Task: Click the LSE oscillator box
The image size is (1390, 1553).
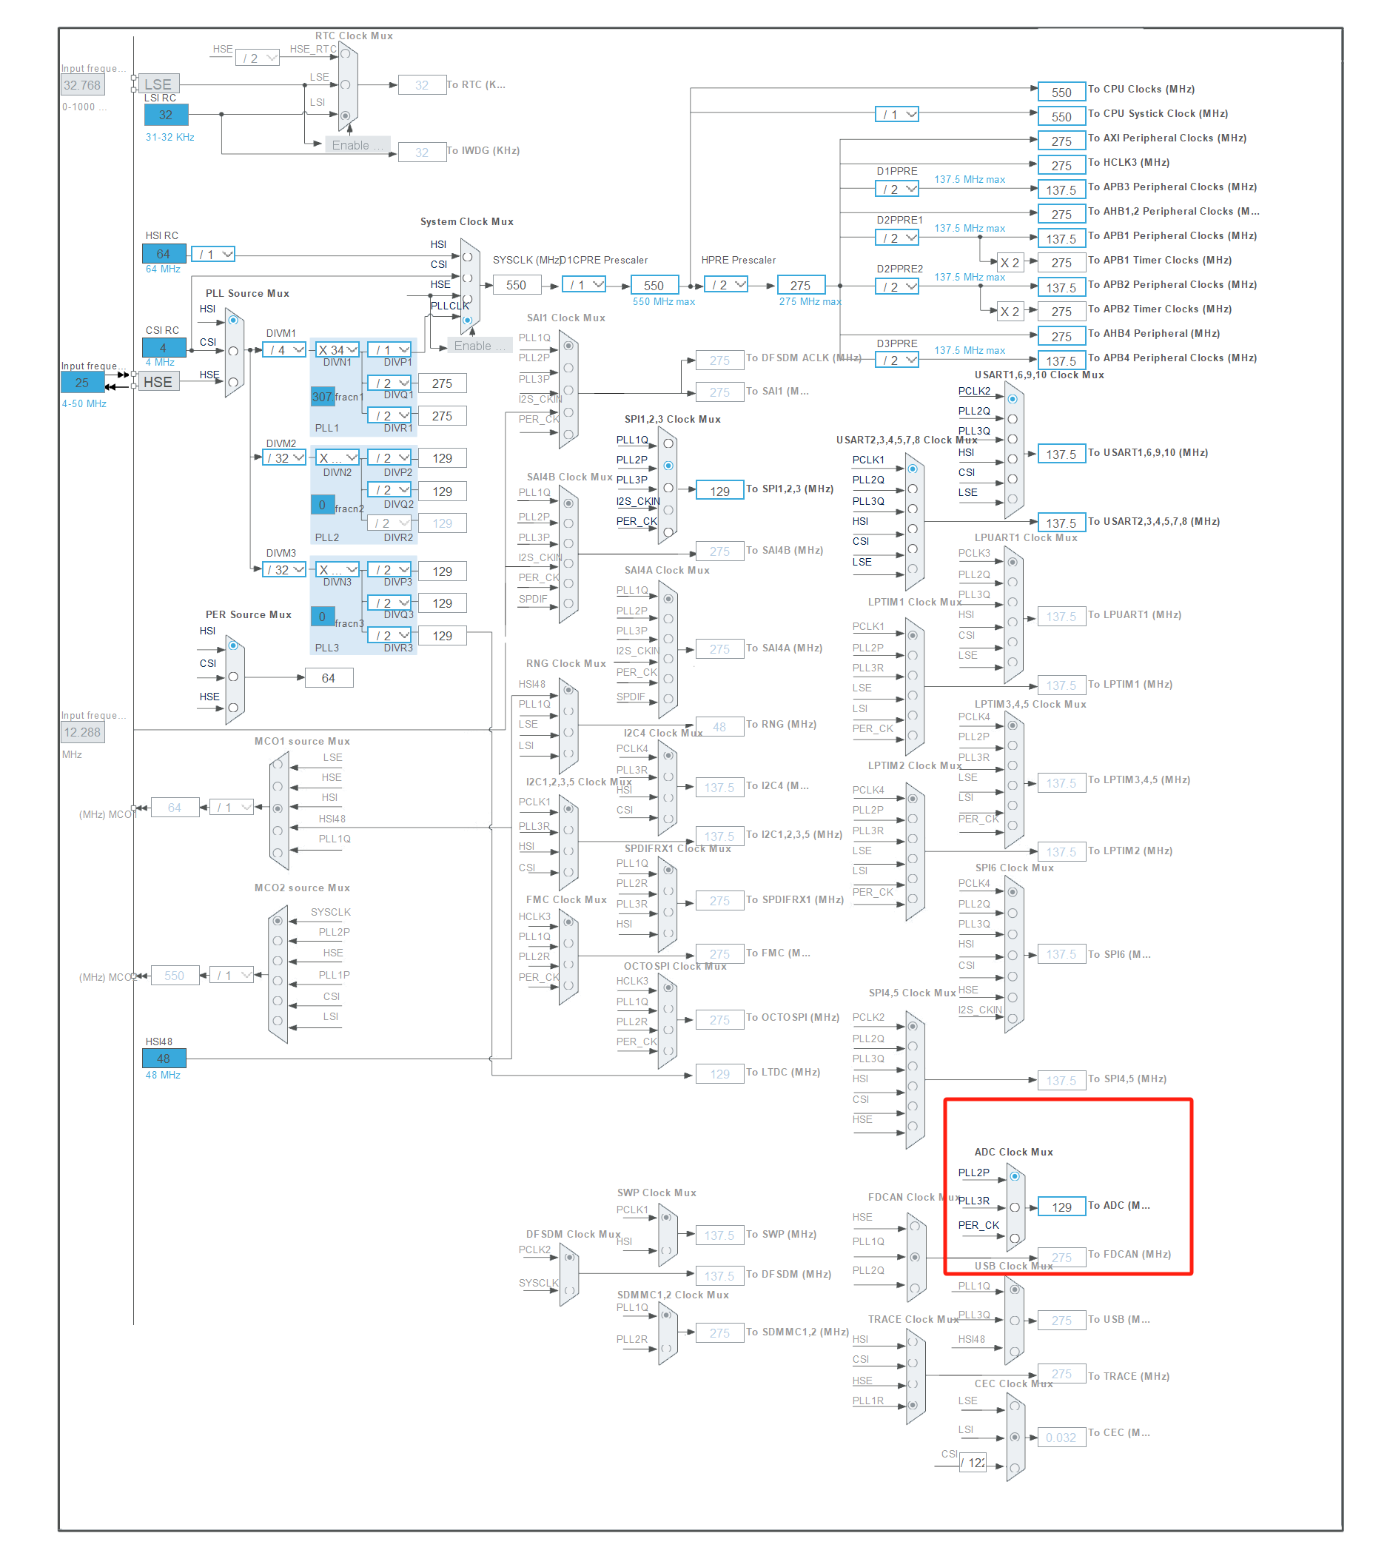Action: (158, 84)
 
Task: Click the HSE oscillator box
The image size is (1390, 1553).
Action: (158, 382)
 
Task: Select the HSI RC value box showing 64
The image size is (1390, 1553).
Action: (164, 254)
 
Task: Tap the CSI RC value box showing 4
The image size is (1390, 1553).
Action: (164, 348)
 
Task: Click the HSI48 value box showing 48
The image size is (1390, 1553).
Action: (164, 1059)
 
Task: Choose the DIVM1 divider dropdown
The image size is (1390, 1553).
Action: (284, 350)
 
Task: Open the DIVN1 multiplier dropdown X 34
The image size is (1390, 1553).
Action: (337, 350)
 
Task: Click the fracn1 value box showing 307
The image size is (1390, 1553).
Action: (322, 397)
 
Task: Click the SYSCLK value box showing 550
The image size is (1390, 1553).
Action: (517, 285)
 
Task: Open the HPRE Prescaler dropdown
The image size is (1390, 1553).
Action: (725, 285)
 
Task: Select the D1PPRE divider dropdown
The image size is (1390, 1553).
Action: (896, 189)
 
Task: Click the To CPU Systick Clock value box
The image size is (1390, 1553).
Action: (1061, 117)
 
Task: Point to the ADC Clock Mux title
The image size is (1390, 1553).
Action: (1013, 1152)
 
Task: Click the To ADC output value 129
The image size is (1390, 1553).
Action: (1061, 1207)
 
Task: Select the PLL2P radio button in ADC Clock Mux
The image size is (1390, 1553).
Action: (1014, 1176)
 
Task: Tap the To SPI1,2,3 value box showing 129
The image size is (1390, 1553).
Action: (719, 492)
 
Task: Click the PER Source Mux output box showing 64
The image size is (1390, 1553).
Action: (329, 677)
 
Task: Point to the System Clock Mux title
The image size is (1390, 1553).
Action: (466, 221)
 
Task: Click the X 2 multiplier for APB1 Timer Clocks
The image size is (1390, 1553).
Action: (1010, 263)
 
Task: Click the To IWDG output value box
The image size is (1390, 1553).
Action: (422, 152)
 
